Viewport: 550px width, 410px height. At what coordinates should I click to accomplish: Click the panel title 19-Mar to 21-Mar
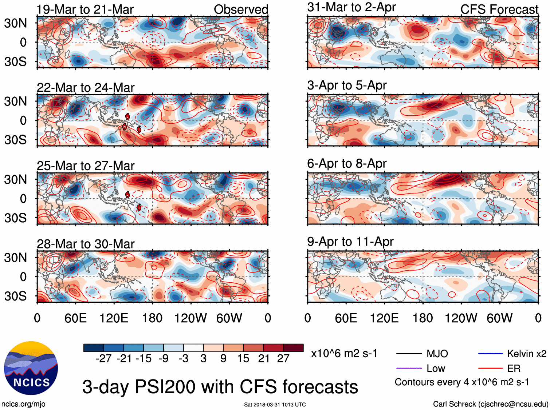[x=85, y=9]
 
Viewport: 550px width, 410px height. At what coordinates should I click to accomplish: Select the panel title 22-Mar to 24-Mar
[x=86, y=88]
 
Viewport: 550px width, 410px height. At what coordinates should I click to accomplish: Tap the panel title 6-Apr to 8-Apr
[x=347, y=164]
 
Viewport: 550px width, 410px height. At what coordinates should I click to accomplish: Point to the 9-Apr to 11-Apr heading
[x=350, y=242]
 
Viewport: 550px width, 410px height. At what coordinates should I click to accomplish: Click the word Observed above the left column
[x=241, y=9]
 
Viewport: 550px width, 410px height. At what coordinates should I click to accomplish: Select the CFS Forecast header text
[x=499, y=9]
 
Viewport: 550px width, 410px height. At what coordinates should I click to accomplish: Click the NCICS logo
[x=31, y=368]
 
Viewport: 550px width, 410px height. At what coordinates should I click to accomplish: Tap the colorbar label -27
[x=103, y=359]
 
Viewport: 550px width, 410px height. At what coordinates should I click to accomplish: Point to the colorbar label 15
[x=243, y=359]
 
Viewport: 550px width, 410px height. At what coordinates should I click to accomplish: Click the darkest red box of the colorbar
[x=293, y=348]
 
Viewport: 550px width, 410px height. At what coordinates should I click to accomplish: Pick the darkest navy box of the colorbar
[x=94, y=348]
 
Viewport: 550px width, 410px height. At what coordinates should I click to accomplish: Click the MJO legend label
[x=437, y=354]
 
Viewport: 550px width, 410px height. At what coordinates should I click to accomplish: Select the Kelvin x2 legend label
[x=527, y=354]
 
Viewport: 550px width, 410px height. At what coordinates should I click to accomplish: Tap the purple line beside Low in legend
[x=409, y=369]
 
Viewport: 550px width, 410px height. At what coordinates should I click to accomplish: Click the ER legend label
[x=514, y=369]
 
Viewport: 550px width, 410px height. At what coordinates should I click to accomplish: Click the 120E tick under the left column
[x=114, y=318]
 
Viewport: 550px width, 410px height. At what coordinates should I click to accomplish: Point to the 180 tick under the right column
[x=423, y=318]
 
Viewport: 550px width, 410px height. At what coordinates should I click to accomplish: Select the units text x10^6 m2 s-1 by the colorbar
[x=344, y=354]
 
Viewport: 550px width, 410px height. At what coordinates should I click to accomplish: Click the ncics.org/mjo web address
[x=23, y=404]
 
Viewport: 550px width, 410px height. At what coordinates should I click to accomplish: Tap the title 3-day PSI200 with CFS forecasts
[x=220, y=387]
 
